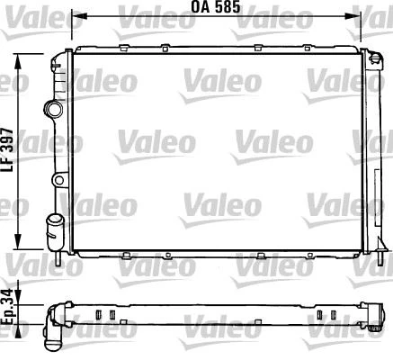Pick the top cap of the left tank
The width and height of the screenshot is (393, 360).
tap(60, 55)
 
